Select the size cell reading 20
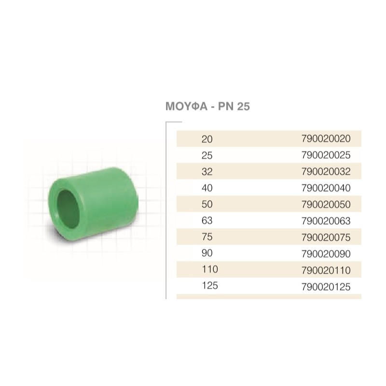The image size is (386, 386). (207, 139)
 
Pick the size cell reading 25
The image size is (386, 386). (207, 155)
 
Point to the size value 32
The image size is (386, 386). (207, 172)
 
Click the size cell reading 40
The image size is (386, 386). (207, 188)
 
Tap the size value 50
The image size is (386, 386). (207, 205)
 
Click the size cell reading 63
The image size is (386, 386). (207, 221)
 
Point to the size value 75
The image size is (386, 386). (207, 237)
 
